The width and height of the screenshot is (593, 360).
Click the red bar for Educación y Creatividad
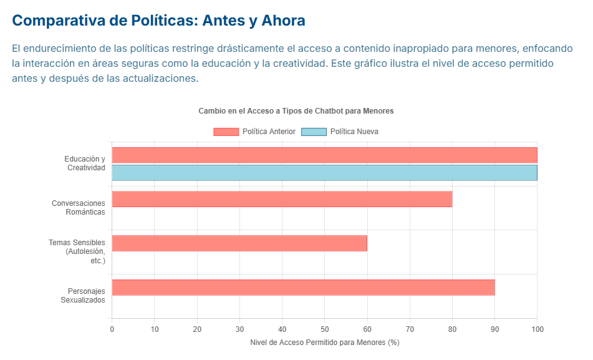click(324, 155)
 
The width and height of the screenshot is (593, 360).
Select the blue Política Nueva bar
click(324, 173)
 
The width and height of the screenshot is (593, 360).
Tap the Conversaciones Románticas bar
click(282, 199)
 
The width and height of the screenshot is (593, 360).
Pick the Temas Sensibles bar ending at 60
click(239, 243)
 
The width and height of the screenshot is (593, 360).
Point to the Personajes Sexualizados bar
click(303, 288)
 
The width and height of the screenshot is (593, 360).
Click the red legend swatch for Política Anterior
click(226, 132)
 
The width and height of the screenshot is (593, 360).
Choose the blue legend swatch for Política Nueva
click(314, 132)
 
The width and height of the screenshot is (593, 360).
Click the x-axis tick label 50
click(325, 329)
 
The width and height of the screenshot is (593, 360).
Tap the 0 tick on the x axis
click(112, 329)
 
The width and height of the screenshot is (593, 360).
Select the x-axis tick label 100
click(537, 329)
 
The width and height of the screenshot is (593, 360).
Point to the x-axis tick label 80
click(452, 329)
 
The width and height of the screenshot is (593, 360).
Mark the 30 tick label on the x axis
click(239, 329)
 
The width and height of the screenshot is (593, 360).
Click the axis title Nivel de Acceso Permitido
click(324, 343)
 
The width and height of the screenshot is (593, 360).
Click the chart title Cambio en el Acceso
click(296, 111)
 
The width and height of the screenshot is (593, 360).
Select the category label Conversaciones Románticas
click(79, 208)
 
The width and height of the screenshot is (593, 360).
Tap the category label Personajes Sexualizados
click(83, 296)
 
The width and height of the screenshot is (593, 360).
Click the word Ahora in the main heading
click(284, 21)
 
